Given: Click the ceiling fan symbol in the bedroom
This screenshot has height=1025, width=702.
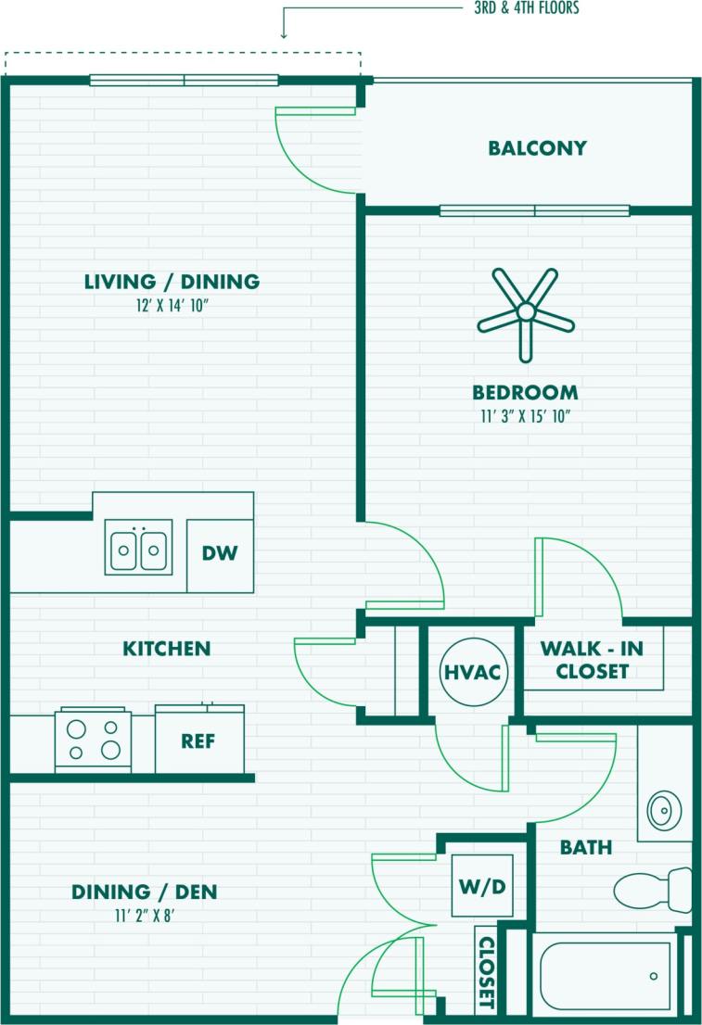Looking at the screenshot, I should pyautogui.click(x=525, y=314).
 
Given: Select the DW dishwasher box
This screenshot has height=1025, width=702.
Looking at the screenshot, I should pyautogui.click(x=220, y=554).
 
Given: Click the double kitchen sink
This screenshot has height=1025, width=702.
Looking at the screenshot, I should pyautogui.click(x=138, y=549).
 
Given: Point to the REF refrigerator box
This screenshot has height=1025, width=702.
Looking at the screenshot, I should pyautogui.click(x=199, y=740).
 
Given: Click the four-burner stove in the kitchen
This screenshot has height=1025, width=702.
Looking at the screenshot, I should pyautogui.click(x=93, y=740).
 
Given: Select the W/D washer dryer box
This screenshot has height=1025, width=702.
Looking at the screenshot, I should pyautogui.click(x=482, y=887).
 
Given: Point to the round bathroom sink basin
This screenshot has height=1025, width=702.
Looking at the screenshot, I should pyautogui.click(x=663, y=810).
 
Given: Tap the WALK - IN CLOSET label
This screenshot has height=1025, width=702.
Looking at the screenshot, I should pyautogui.click(x=592, y=660).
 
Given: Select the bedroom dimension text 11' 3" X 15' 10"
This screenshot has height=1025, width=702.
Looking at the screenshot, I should pyautogui.click(x=524, y=416).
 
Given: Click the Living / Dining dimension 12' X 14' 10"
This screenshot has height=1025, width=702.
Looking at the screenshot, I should pyautogui.click(x=172, y=303).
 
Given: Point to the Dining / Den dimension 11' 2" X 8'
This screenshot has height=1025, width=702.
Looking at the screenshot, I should pyautogui.click(x=144, y=915).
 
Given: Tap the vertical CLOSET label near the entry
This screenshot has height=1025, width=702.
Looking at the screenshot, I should pyautogui.click(x=485, y=972).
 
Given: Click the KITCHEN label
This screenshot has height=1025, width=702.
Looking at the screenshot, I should pyautogui.click(x=167, y=649).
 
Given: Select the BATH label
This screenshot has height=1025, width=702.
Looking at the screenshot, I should pyautogui.click(x=586, y=847).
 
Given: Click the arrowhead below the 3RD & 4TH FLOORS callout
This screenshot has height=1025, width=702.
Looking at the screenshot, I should pyautogui.click(x=284, y=34).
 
